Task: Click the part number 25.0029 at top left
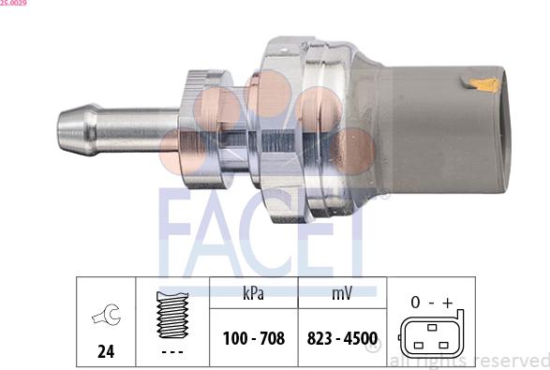(13, 4)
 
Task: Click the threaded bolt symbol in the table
(171, 313)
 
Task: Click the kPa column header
(252, 293)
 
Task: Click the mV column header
(341, 293)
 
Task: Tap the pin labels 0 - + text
(431, 303)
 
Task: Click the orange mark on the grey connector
(484, 85)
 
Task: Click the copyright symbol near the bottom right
(374, 349)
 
